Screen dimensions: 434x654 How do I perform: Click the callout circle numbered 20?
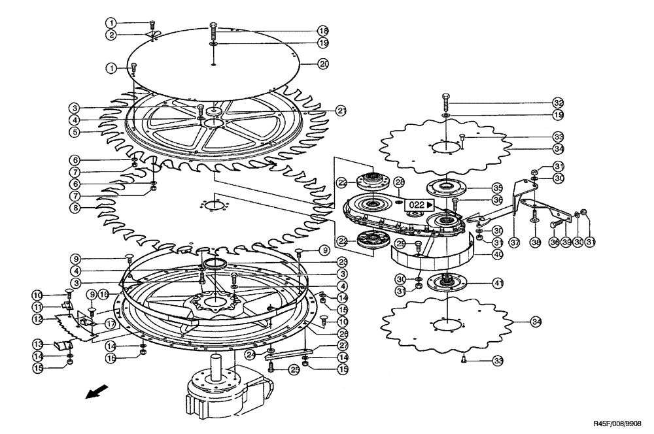[x=323, y=63]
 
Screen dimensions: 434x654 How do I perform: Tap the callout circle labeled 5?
[x=76, y=131]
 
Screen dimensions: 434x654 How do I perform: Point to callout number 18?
[x=323, y=31]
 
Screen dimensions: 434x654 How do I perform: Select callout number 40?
[x=497, y=254]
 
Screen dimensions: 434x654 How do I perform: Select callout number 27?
[x=343, y=346]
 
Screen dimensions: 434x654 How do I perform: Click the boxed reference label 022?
[x=420, y=205]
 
